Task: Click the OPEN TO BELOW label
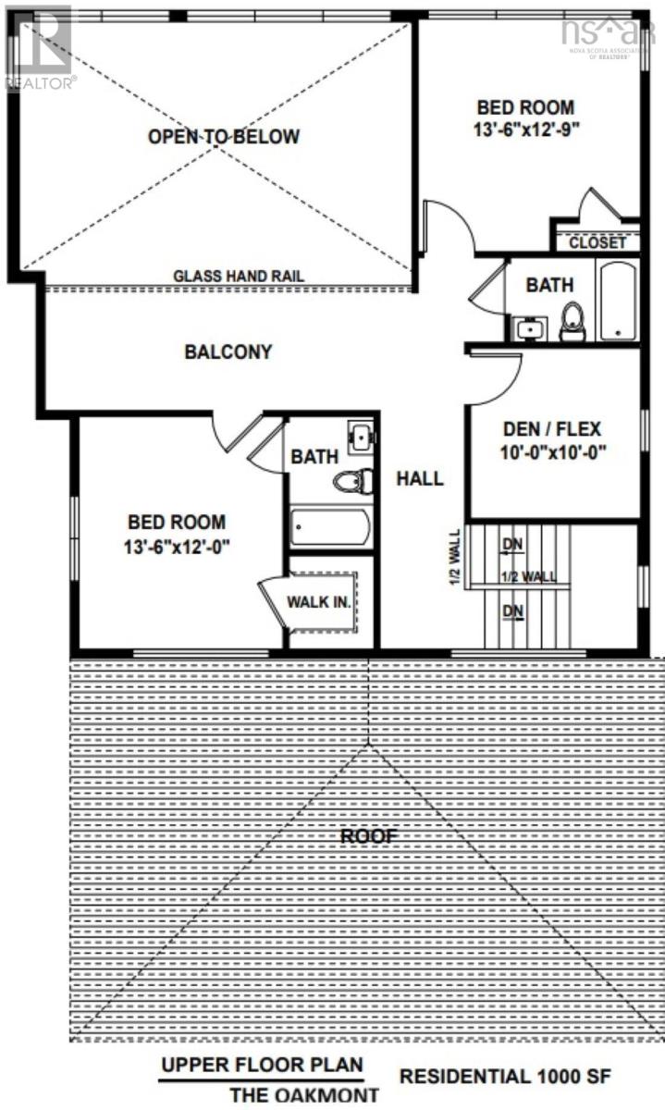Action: (x=224, y=137)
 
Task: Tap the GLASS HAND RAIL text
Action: (x=239, y=276)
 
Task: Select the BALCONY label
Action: (x=228, y=351)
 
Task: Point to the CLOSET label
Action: (x=597, y=243)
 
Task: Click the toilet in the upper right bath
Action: (x=573, y=322)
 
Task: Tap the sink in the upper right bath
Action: (x=529, y=327)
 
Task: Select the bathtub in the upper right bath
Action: (x=617, y=302)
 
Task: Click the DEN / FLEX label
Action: (x=552, y=429)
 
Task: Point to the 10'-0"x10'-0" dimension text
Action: (x=552, y=452)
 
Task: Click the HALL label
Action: (x=420, y=478)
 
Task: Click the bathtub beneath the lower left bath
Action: (x=330, y=527)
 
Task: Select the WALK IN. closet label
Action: (x=318, y=602)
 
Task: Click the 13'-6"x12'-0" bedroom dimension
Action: (x=177, y=546)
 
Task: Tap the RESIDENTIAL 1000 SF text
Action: (x=504, y=1077)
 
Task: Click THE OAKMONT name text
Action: (x=304, y=1095)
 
